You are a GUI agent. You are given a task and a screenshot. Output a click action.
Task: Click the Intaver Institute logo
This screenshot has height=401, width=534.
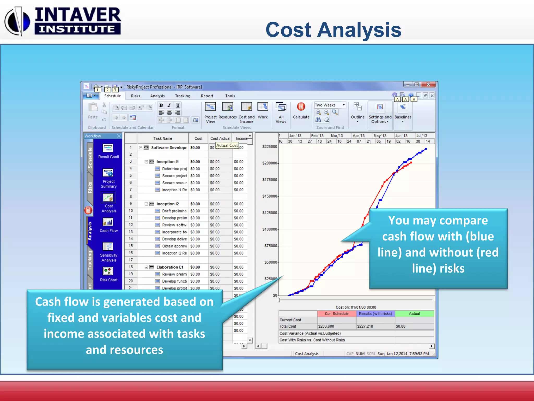pos(63,21)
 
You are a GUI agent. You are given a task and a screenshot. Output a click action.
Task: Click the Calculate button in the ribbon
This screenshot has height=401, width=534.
pos(301,111)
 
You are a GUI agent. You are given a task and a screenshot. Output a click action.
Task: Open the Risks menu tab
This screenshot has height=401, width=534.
pos(135,96)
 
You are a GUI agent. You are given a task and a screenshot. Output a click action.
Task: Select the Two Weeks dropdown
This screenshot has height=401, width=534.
pos(330,105)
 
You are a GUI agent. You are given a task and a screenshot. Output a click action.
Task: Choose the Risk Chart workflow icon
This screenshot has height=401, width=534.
pos(108,274)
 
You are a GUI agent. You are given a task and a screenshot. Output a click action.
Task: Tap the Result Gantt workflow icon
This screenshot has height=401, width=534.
pos(108,151)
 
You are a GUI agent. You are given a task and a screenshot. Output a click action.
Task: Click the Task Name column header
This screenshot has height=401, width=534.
pos(162,138)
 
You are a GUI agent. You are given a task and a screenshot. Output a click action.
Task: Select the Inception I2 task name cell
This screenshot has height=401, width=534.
pos(167,204)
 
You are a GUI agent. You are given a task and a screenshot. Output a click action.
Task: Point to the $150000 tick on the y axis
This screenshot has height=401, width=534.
pos(270,196)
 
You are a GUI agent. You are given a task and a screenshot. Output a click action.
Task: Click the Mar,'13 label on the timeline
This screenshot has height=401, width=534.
pos(337,135)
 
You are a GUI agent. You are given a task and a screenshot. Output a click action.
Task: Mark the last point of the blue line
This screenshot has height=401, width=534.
pos(426,149)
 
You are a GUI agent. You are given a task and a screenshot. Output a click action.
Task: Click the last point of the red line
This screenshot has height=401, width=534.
pos(411,163)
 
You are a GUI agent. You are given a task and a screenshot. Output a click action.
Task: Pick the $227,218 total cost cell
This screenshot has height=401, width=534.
pos(365,326)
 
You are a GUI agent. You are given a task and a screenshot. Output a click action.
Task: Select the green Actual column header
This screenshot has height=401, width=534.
pos(414,314)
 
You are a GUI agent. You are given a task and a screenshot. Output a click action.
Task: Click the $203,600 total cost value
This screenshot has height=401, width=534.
pos(326,326)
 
